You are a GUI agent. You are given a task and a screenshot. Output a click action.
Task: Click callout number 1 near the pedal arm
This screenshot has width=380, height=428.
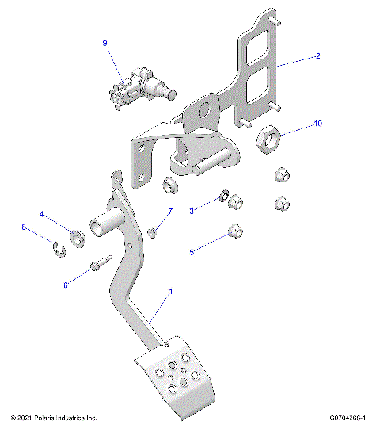[x=169, y=292]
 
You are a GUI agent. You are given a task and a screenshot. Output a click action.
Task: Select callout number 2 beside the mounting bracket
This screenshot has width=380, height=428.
[x=317, y=56]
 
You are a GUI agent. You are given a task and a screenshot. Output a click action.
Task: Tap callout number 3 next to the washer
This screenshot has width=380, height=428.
[x=192, y=210]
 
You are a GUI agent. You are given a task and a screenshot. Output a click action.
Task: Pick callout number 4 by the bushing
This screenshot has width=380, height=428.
[x=42, y=214]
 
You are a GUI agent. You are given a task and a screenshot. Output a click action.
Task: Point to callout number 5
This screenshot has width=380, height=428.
[x=192, y=253]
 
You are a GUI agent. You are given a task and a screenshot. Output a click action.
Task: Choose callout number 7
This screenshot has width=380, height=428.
[x=169, y=212]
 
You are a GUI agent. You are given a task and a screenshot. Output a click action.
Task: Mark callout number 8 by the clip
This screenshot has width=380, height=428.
[x=25, y=228]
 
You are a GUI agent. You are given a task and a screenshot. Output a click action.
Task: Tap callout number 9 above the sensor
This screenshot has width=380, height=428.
[x=104, y=43]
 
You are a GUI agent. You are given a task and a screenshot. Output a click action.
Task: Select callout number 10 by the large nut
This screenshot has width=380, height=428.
[x=318, y=124]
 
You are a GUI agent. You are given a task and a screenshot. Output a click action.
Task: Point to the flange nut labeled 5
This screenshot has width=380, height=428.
[x=234, y=232]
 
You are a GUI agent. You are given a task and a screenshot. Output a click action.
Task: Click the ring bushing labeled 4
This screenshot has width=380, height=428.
[x=78, y=236]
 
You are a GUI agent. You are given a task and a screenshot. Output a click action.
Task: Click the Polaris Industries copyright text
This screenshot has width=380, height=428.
[x=53, y=417]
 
